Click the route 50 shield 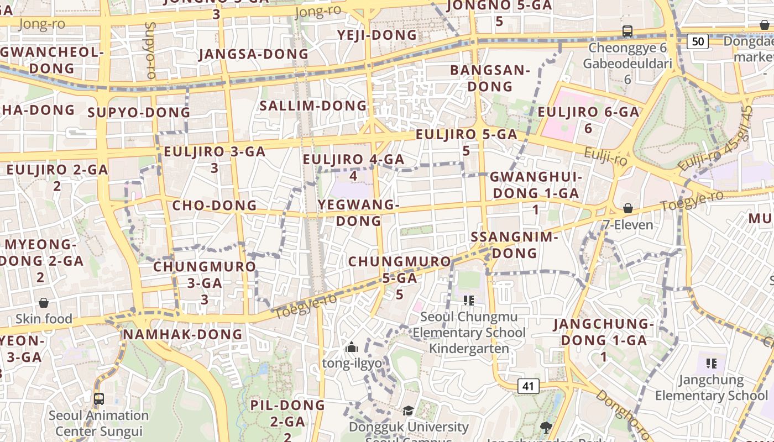698,41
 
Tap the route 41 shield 528,386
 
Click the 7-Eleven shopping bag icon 628,208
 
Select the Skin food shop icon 44,303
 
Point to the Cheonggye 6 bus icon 627,31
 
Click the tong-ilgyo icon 352,348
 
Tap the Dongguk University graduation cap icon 408,411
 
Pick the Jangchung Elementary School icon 712,364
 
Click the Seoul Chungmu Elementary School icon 469,301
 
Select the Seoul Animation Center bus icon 99,398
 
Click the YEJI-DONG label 377,35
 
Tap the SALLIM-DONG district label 313,106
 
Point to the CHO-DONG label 215,206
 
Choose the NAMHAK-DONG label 182,334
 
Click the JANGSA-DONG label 253,54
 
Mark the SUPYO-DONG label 139,113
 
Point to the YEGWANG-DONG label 359,213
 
